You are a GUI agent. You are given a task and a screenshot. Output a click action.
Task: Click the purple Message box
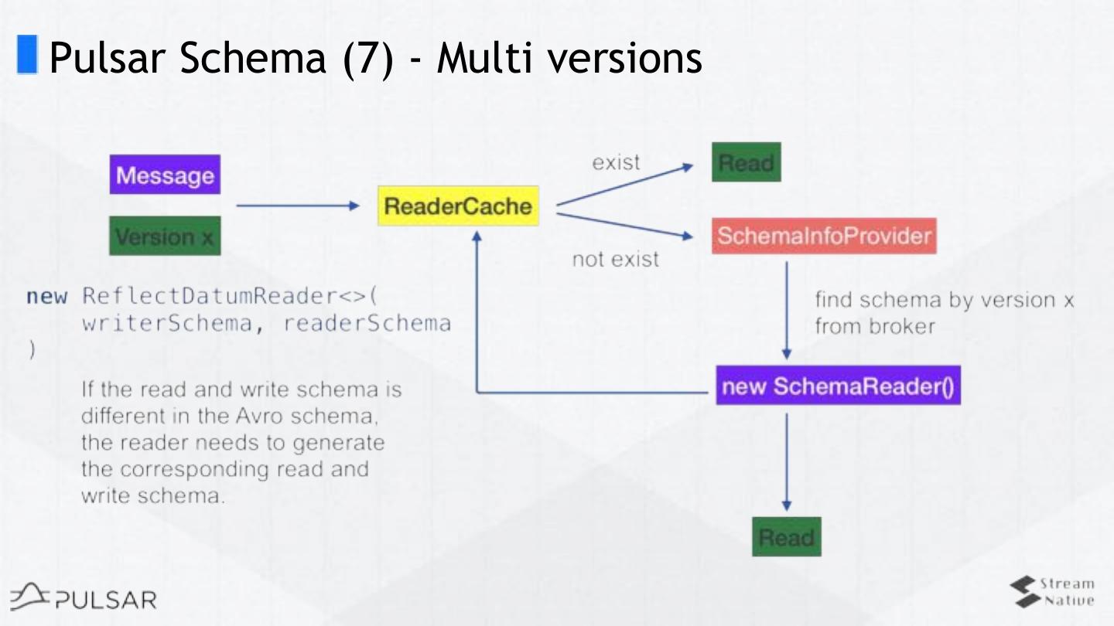165,175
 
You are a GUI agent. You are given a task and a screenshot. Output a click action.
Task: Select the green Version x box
165,236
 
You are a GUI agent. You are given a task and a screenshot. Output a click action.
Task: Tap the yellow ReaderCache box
458,206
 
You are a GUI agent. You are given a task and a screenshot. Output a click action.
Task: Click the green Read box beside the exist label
746,162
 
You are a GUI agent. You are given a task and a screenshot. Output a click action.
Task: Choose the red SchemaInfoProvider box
824,235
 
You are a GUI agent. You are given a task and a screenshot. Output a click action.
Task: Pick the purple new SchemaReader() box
838,385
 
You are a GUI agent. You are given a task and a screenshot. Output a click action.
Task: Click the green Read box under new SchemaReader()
786,536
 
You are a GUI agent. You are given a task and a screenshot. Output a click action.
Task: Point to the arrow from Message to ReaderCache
298,206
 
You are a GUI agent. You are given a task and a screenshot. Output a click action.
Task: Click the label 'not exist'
615,259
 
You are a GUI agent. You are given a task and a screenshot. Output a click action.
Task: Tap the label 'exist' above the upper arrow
616,162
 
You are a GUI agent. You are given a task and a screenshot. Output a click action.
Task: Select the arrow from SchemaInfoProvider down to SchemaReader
787,309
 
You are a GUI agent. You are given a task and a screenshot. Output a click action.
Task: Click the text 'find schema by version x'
944,300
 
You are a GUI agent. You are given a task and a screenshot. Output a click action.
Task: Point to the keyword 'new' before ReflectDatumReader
46,297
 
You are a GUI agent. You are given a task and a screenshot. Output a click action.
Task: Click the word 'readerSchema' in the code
367,322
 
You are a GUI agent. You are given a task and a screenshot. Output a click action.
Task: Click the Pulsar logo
84,597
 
